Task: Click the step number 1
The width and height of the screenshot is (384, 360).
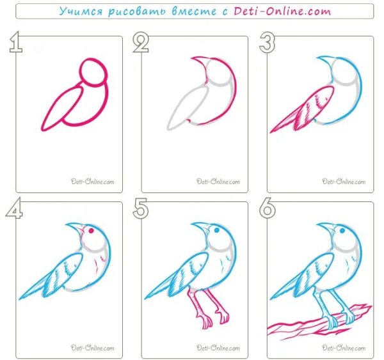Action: pyautogui.click(x=15, y=42)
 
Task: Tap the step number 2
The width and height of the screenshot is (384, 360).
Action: pyautogui.click(x=141, y=42)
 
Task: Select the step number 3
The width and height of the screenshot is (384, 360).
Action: pyautogui.click(x=267, y=43)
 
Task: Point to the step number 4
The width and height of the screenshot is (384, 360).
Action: pyautogui.click(x=15, y=208)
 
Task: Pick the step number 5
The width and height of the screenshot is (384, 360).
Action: pyautogui.click(x=141, y=208)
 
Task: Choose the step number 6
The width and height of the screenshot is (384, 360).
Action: pyautogui.click(x=268, y=208)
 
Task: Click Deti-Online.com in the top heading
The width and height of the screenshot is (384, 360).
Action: pyautogui.click(x=282, y=11)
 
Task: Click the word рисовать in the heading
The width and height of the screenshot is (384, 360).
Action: pyautogui.click(x=138, y=12)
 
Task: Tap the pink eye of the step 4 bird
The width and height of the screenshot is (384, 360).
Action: pyautogui.click(x=91, y=231)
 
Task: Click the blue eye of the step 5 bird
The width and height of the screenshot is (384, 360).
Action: pyautogui.click(x=217, y=230)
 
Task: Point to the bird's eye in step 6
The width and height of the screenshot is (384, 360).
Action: pyautogui.click(x=342, y=230)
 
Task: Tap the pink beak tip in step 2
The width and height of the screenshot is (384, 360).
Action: pyautogui.click(x=192, y=58)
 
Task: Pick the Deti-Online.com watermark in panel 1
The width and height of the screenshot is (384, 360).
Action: pyautogui.click(x=92, y=182)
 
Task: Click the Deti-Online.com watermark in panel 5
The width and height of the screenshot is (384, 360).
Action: pyautogui.click(x=218, y=347)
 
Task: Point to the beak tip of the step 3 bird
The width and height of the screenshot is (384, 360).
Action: pyautogui.click(x=317, y=58)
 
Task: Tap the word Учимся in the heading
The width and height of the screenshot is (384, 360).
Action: pyautogui.click(x=81, y=12)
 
